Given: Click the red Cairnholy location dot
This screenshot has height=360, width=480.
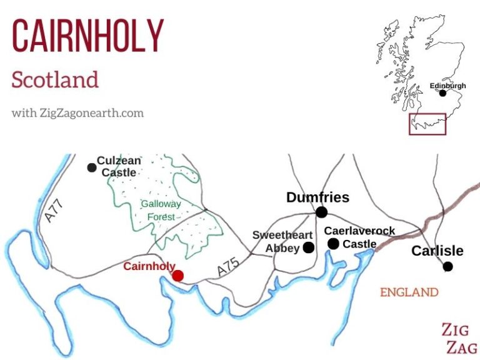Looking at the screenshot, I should (x=178, y=276).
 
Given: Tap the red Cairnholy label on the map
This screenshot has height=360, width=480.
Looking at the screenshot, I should (x=149, y=266).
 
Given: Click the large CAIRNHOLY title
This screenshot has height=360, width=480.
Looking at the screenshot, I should (x=87, y=36).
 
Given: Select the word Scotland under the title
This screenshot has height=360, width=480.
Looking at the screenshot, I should (x=55, y=80).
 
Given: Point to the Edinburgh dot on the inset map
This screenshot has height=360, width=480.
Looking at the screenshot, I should (x=443, y=93).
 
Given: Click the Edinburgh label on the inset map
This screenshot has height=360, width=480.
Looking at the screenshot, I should (x=447, y=86).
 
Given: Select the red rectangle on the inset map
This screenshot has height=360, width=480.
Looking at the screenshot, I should (x=427, y=124).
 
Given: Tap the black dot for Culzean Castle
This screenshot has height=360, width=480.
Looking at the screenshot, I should (x=92, y=167).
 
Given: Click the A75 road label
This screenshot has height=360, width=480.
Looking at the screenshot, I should (x=228, y=269).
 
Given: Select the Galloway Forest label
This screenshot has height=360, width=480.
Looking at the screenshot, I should (x=161, y=210).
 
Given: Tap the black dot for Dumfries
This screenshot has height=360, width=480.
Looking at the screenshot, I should (x=321, y=212).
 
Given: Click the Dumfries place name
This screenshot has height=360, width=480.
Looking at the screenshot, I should (x=317, y=197).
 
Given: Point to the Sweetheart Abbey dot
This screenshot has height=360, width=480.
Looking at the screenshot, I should (x=309, y=247).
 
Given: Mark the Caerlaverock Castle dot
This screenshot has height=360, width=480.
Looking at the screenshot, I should (x=333, y=244).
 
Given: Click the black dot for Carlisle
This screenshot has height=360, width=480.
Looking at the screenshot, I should (x=447, y=267).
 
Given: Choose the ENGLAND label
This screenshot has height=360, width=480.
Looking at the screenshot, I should (x=409, y=292).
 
